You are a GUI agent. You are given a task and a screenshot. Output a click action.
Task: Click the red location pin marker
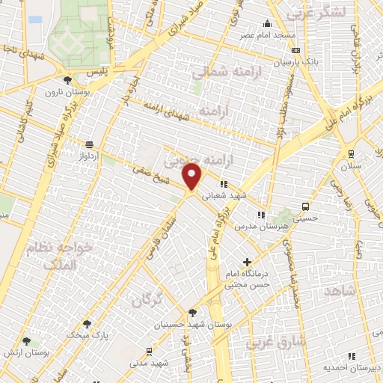coord(193,177)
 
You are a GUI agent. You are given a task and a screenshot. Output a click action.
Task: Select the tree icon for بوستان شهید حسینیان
coord(192,313)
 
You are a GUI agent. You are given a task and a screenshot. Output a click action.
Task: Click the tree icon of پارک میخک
coord(88,324)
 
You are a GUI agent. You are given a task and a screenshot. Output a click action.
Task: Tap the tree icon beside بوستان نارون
coord(68,80)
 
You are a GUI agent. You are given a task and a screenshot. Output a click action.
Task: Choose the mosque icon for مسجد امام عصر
coord(267,23)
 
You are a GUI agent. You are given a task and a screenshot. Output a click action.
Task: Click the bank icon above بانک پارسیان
coord(297,51)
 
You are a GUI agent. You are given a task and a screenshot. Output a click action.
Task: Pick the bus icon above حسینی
coord(305,206)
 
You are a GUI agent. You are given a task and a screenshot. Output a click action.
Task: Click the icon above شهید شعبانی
coord(222,183)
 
